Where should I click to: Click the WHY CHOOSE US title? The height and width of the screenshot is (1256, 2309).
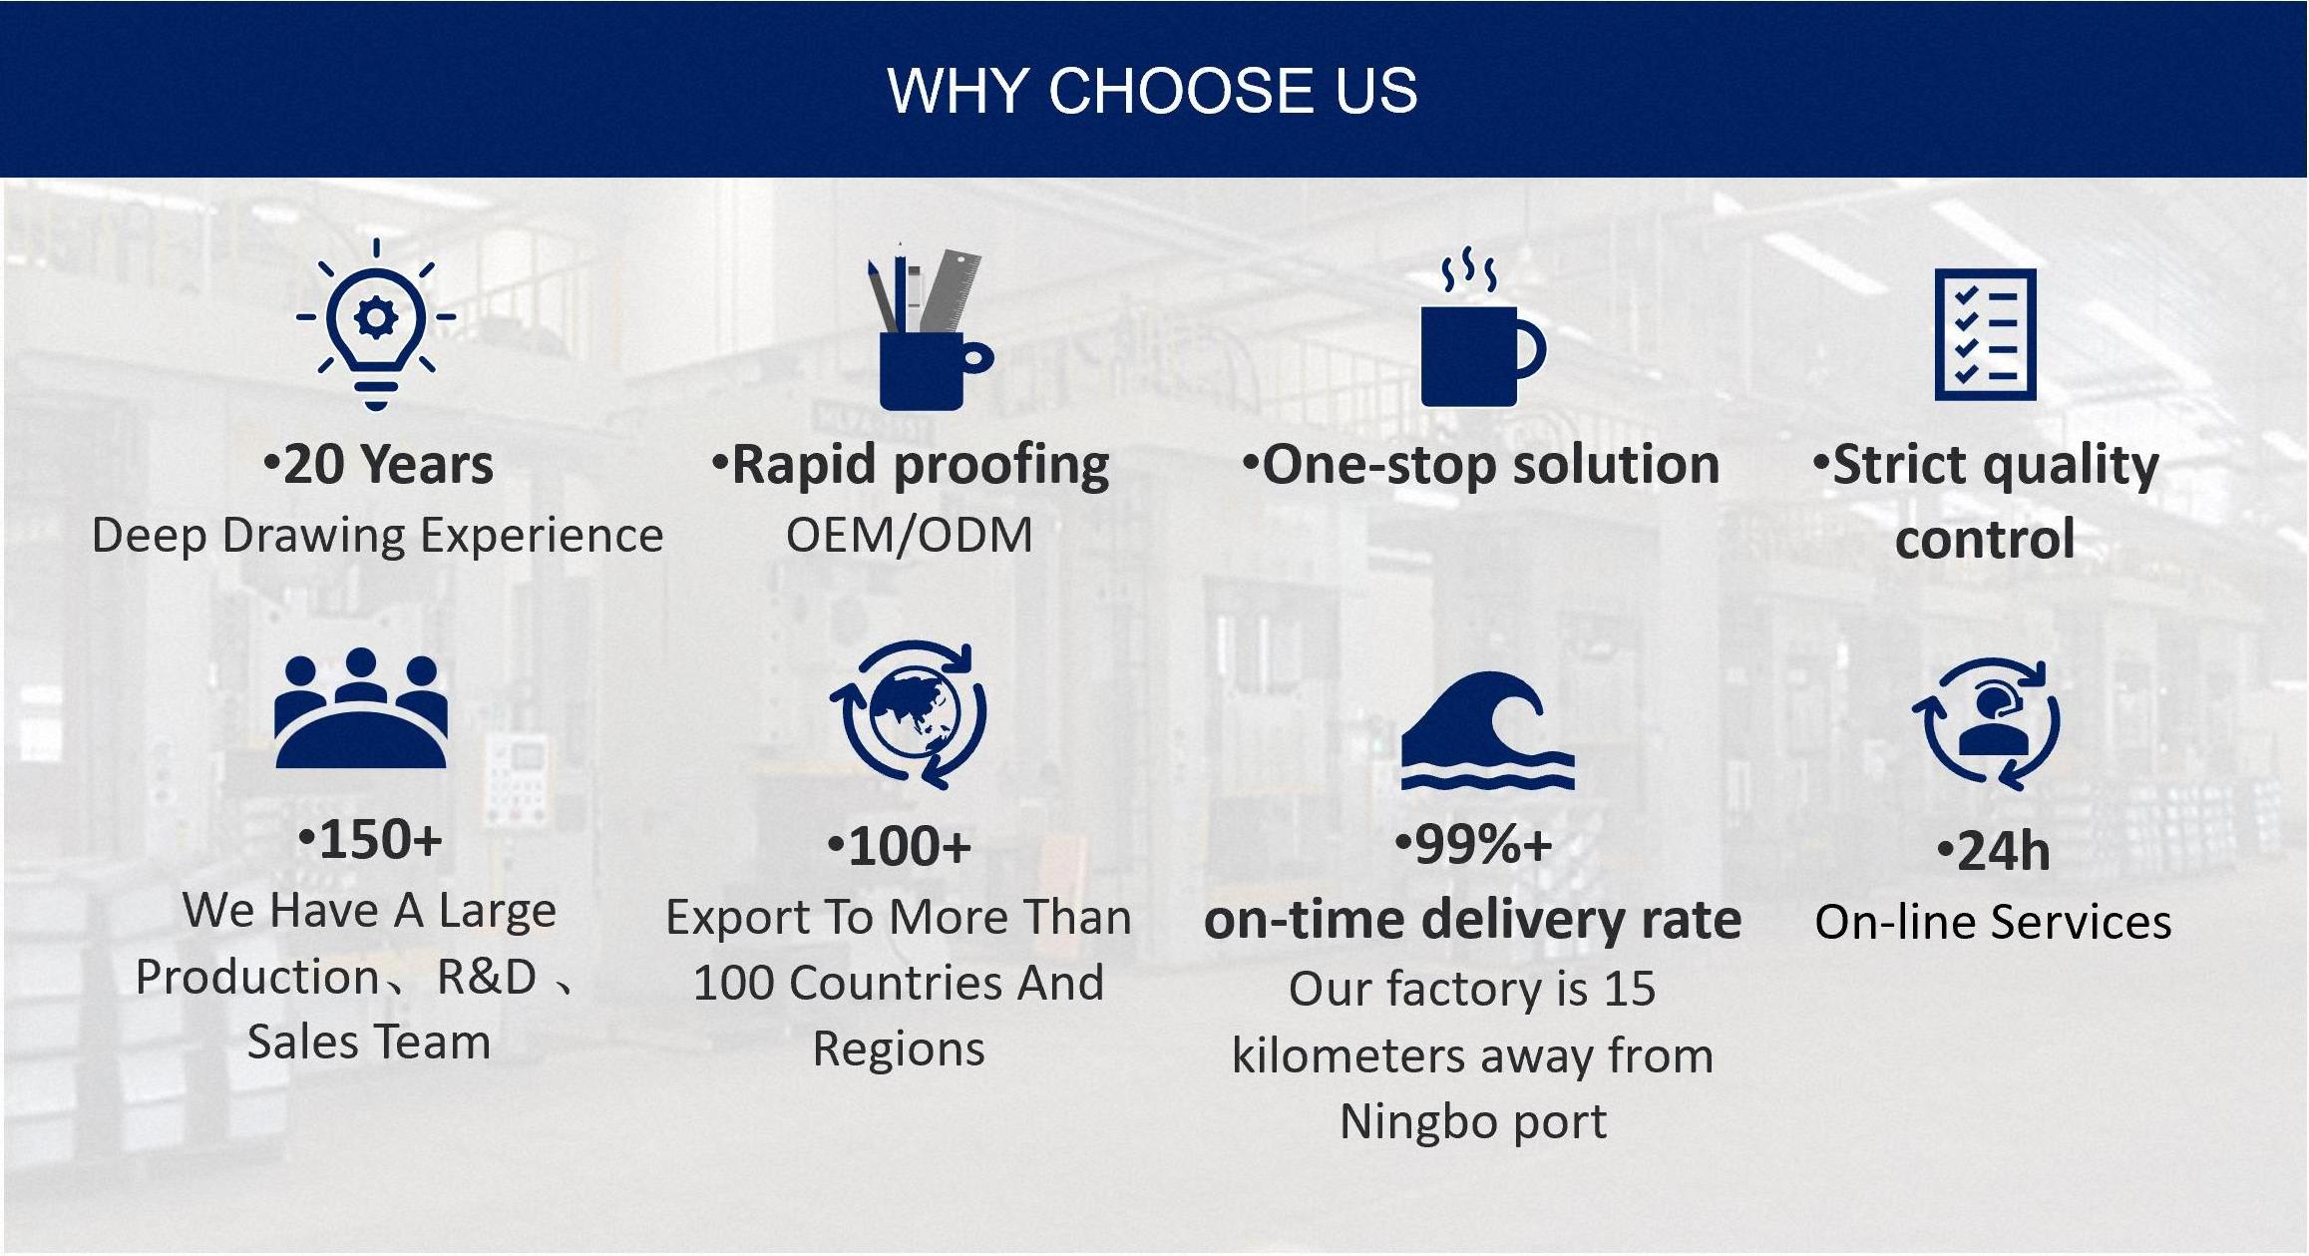pos(1152,91)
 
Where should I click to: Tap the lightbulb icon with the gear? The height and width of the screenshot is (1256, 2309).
pos(376,325)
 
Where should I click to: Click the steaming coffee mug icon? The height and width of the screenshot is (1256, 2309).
pos(1482,328)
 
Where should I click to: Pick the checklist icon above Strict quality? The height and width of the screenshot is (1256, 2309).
pos(1985,334)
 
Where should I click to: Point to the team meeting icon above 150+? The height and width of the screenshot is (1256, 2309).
pos(361,708)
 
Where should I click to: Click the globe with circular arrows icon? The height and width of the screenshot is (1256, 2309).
pos(908,714)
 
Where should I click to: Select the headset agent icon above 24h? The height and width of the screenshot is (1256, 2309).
pos(1986,724)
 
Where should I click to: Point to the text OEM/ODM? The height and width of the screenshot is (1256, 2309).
pos(909,536)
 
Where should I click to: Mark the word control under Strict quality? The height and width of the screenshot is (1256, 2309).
pos(1985,540)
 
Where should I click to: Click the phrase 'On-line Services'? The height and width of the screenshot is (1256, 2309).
pos(1993,922)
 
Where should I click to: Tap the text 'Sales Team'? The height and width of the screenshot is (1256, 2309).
pos(368,1043)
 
